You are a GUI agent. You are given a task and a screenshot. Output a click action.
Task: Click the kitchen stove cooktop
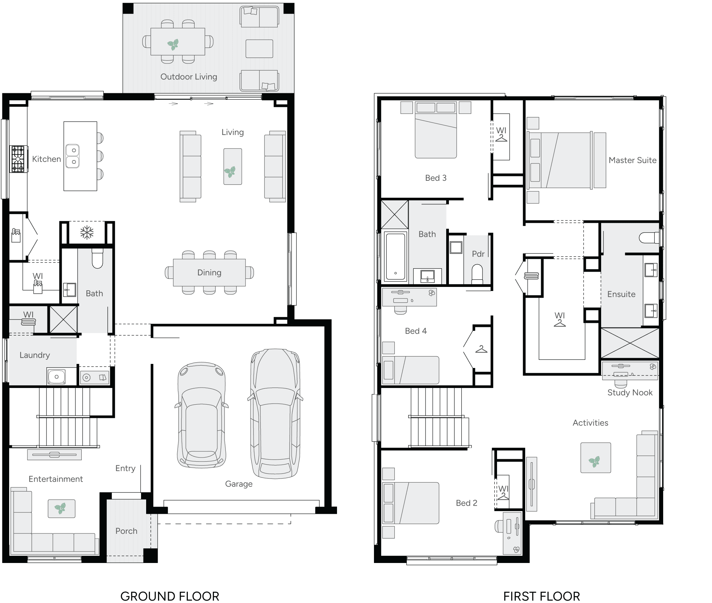click(18, 159)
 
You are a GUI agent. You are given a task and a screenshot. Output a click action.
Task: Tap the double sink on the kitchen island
click(73, 156)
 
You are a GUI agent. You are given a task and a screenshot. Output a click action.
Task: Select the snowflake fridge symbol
click(87, 233)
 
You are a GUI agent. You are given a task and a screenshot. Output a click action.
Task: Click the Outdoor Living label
click(189, 77)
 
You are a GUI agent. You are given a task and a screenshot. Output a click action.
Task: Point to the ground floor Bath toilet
click(97, 259)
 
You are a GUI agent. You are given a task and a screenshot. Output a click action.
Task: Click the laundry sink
click(56, 377)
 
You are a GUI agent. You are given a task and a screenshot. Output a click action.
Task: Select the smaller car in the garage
click(201, 415)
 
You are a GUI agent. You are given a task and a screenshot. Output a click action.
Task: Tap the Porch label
click(126, 531)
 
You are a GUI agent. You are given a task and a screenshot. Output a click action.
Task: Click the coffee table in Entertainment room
click(61, 509)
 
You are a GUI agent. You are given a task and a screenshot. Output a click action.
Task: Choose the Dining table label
click(209, 272)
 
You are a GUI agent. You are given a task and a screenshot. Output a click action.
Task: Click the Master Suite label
click(632, 160)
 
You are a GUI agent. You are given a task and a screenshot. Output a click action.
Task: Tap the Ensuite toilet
click(649, 238)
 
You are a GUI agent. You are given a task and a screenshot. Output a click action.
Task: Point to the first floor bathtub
click(395, 256)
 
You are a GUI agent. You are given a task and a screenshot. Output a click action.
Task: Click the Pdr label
click(478, 254)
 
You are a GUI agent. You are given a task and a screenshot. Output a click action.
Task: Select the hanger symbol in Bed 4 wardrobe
click(481, 349)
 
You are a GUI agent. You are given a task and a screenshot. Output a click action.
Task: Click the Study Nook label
click(630, 392)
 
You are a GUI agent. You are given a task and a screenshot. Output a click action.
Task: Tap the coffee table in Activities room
click(595, 458)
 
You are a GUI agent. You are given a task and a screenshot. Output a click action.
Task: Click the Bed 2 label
click(466, 503)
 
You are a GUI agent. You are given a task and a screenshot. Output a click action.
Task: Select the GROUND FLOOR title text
click(170, 596)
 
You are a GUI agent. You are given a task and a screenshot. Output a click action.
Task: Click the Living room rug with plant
click(233, 167)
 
